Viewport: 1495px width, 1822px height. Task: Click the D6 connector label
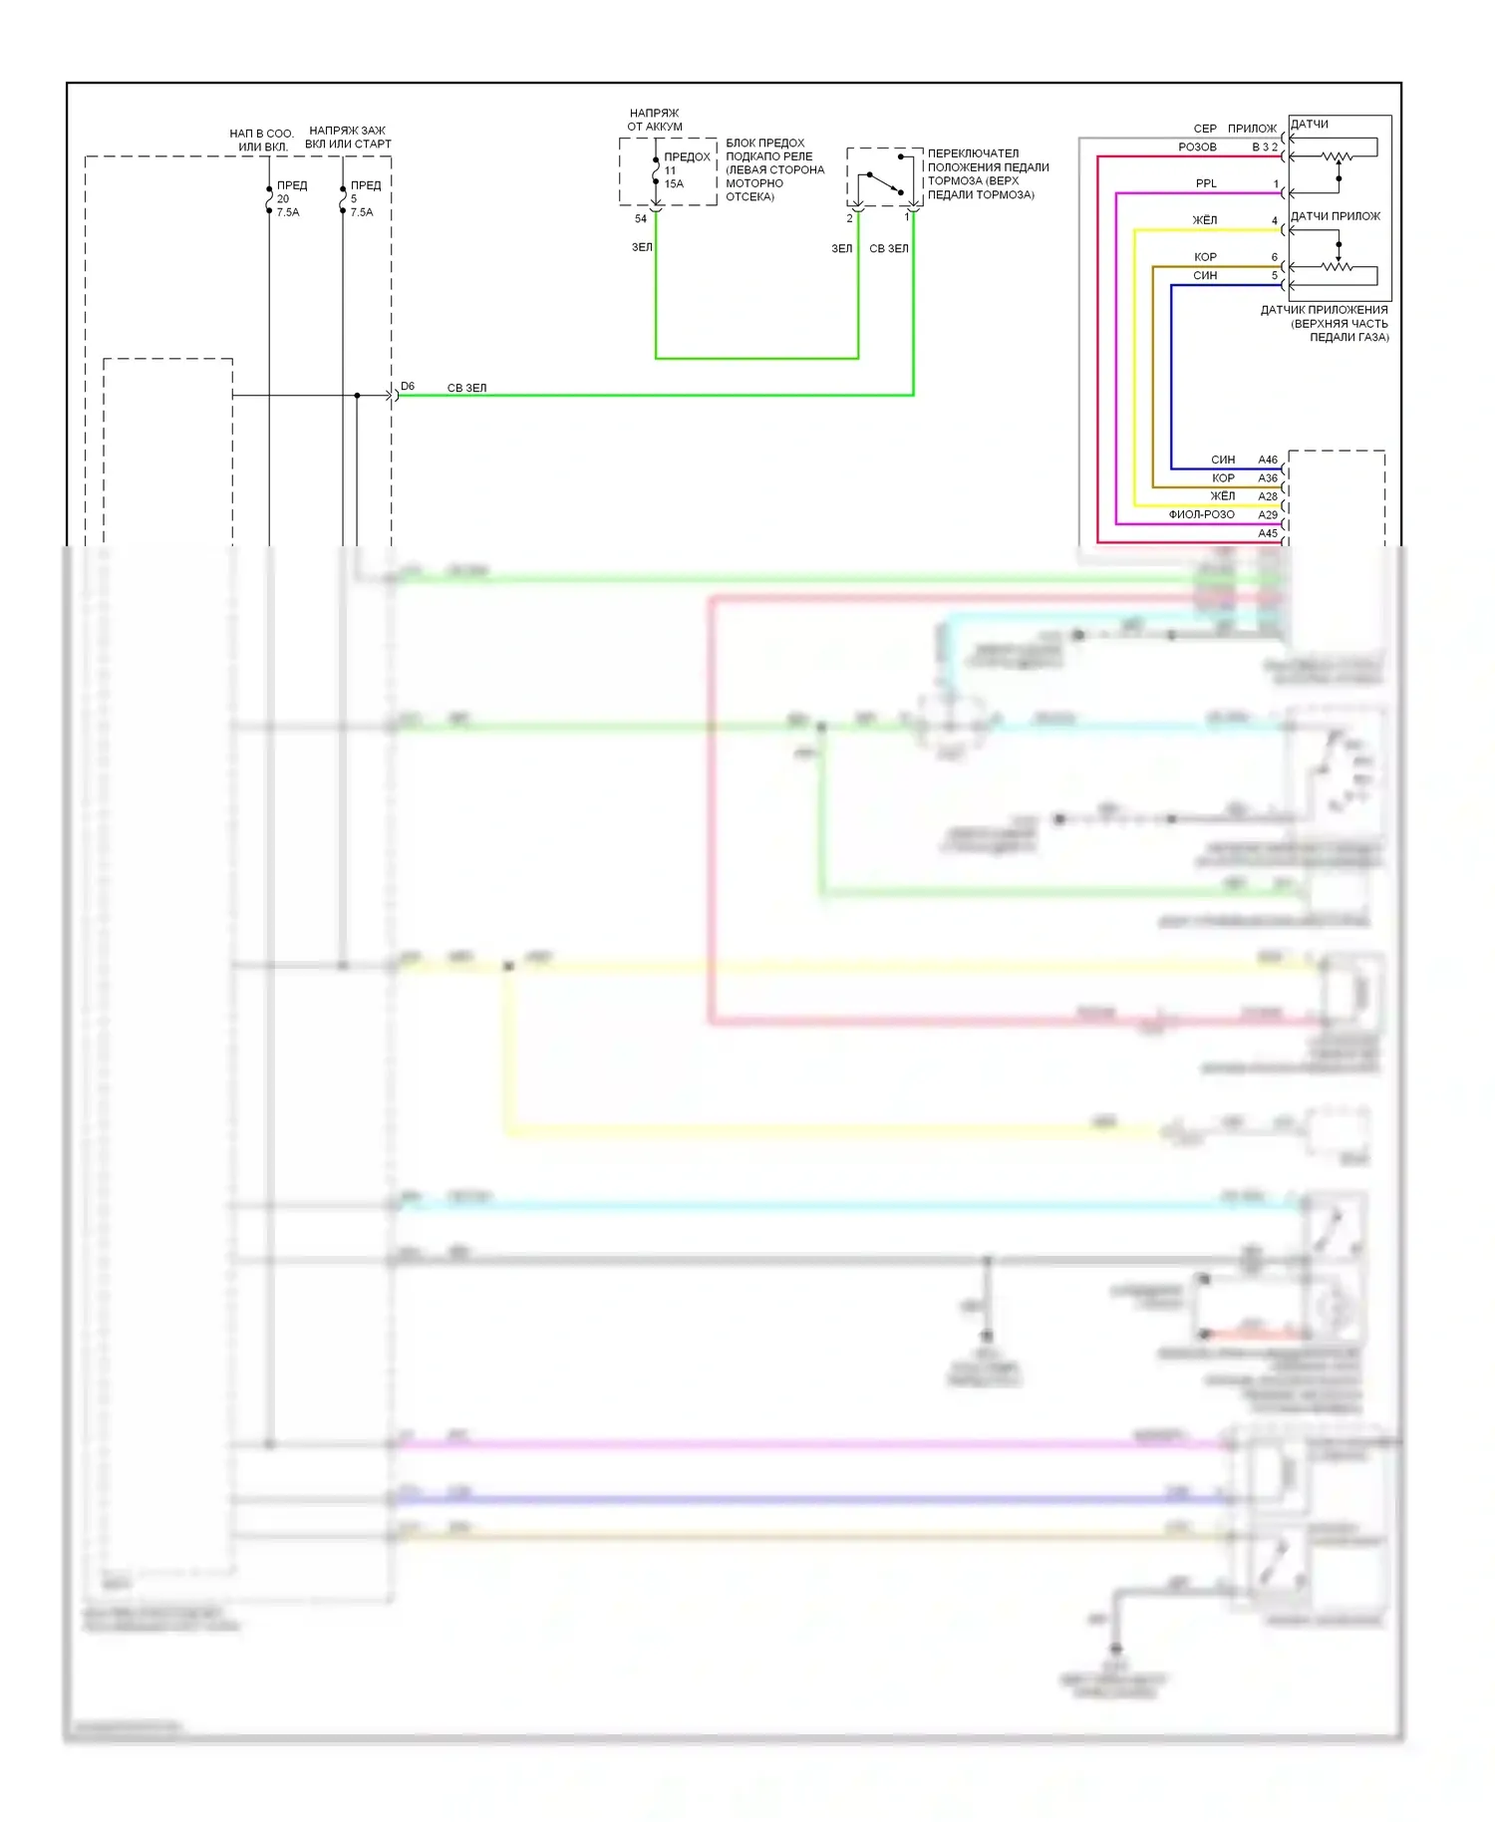coord(408,387)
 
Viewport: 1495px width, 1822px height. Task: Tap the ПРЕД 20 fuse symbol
coord(269,199)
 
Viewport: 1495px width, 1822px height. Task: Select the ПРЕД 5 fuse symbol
coord(343,199)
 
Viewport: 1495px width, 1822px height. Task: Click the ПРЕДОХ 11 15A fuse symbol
coord(656,170)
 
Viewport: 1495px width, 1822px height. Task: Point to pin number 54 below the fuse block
coord(641,219)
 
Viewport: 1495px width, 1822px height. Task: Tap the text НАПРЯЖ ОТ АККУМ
coord(655,120)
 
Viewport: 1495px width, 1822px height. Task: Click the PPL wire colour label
coord(1206,183)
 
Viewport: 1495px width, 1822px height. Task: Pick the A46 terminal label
coord(1268,460)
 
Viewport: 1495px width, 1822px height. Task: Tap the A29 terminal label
coord(1268,515)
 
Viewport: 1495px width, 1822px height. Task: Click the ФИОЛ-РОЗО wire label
coord(1201,515)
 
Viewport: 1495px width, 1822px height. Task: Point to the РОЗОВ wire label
coord(1197,148)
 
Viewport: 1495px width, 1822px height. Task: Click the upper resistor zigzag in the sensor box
coord(1336,156)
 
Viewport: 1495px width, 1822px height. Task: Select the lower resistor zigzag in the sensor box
coord(1336,266)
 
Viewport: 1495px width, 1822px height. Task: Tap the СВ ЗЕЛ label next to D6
coord(466,389)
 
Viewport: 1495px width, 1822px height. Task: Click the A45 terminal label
coord(1268,534)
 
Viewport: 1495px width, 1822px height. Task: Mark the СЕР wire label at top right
coord(1205,129)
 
